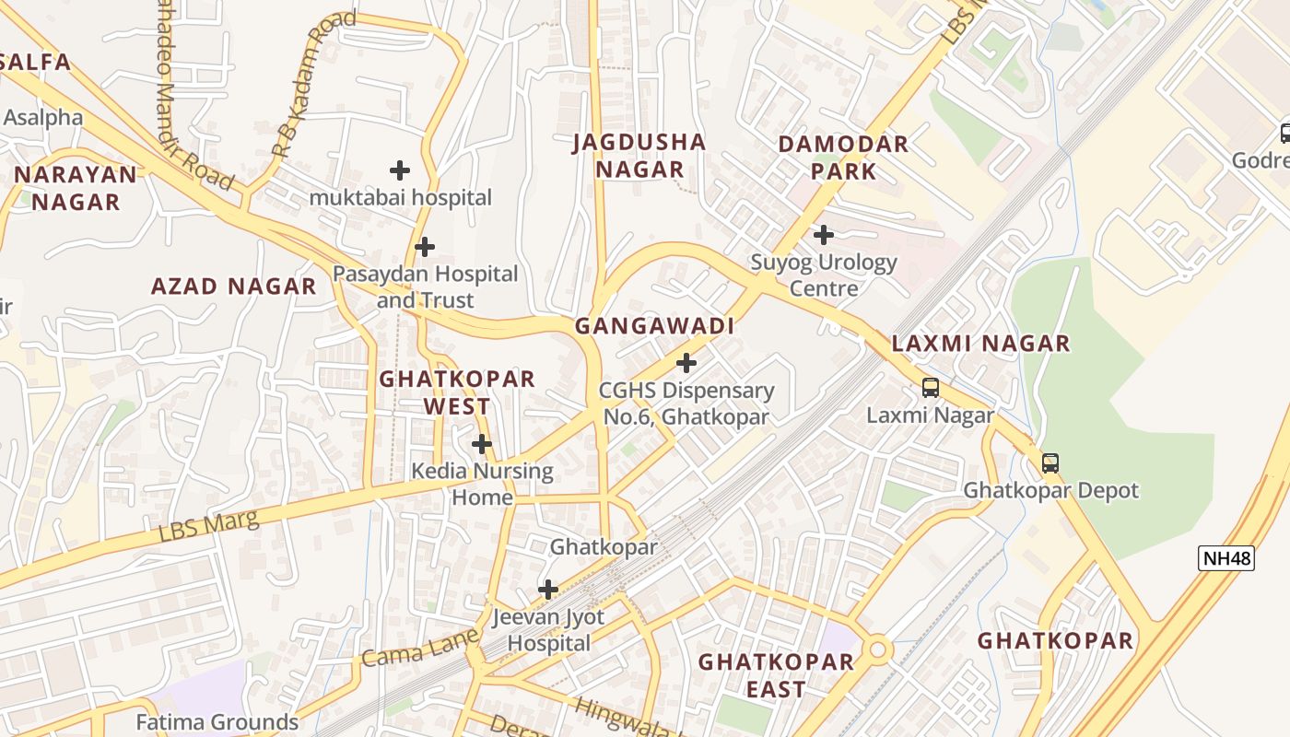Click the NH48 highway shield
1226,557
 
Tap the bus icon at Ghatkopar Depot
1050,463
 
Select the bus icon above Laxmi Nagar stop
931,388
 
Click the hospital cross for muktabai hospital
399,170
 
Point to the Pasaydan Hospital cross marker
424,247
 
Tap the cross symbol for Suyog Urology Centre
823,235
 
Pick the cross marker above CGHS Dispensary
686,363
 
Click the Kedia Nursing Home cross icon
481,445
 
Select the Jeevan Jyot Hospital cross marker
548,590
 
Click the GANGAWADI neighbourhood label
654,326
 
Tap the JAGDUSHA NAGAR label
639,156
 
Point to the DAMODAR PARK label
843,158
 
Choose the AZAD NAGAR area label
233,287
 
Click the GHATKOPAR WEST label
457,392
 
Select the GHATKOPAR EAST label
776,675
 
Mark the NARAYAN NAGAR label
76,188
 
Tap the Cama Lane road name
420,648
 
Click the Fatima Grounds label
217,721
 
